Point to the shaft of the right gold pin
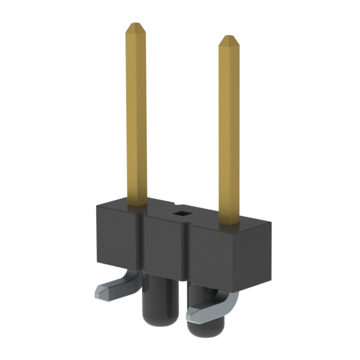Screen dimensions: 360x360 (229, 129)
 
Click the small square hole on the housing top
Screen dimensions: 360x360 (181, 213)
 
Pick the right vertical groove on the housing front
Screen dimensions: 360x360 (186, 256)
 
